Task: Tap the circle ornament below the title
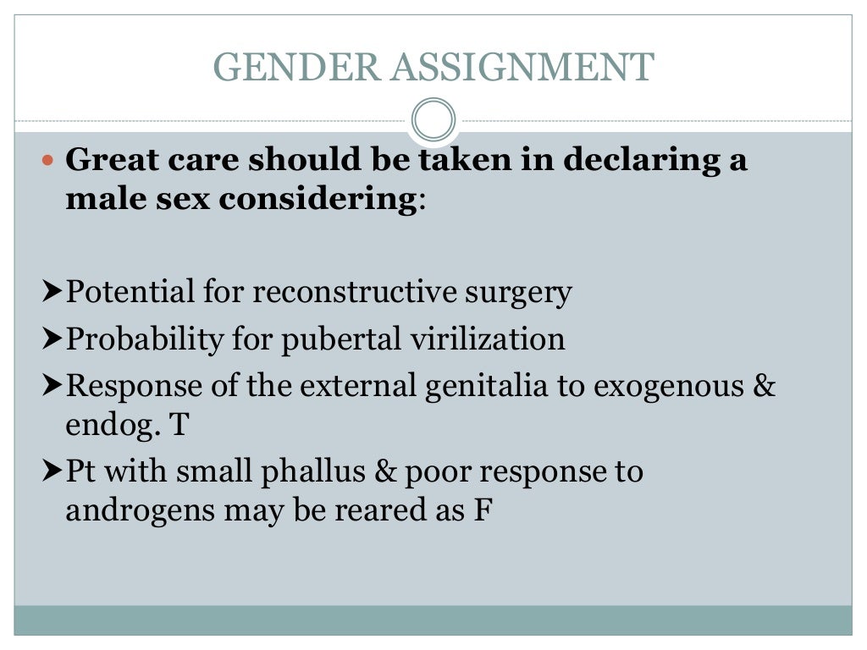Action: [x=433, y=119]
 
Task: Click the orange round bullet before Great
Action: [x=47, y=159]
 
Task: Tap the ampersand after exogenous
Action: [x=764, y=386]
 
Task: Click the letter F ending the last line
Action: [x=481, y=511]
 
